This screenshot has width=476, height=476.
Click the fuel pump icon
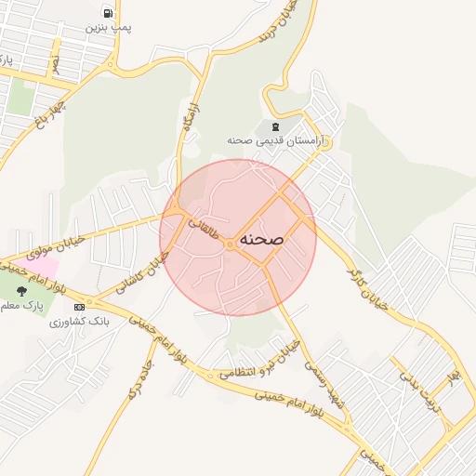pos(109,13)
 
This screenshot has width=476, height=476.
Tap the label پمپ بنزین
pos(109,28)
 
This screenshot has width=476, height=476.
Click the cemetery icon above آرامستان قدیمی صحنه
pos(274,126)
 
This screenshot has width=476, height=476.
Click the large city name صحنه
pos(261,239)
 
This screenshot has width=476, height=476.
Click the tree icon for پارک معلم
pos(21,291)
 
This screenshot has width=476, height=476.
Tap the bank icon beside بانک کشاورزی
pos(79,307)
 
